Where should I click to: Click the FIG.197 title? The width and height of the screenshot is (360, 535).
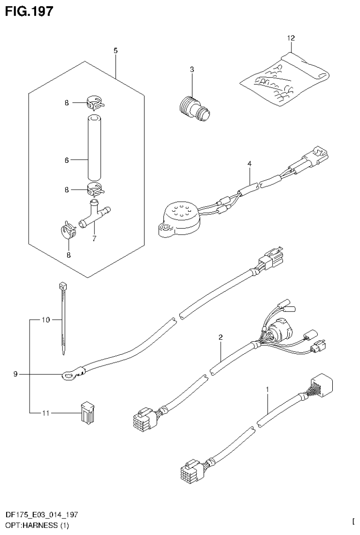(29, 11)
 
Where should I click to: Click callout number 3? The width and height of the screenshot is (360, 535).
(192, 69)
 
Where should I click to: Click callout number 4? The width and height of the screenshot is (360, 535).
(250, 164)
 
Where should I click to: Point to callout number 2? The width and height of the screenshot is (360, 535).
(220, 337)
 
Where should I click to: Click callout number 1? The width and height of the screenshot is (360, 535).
(267, 390)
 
